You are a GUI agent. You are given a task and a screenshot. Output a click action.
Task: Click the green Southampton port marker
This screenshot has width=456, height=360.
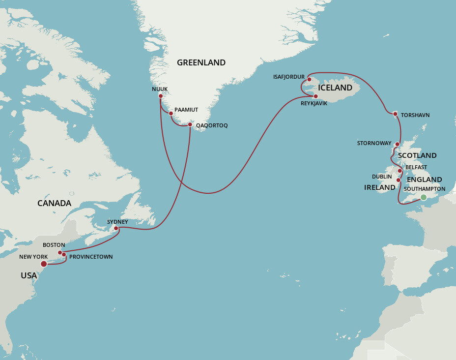(x=423, y=198)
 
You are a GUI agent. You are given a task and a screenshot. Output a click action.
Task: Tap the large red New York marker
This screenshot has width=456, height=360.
(x=44, y=264)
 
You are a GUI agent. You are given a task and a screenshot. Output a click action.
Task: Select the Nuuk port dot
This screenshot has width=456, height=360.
(x=161, y=96)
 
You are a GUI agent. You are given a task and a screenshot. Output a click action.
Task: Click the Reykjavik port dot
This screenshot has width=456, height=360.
(x=315, y=96)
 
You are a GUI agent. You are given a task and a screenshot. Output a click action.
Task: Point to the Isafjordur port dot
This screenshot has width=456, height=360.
(x=309, y=79)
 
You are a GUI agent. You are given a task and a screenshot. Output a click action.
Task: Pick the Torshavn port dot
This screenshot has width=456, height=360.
(x=395, y=114)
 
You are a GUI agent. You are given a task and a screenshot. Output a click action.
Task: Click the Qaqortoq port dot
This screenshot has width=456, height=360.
(x=190, y=125)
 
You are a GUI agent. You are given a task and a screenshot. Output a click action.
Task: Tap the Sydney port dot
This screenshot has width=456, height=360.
(x=116, y=228)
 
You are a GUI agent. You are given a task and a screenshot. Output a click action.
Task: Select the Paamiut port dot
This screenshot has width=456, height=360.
(x=171, y=114)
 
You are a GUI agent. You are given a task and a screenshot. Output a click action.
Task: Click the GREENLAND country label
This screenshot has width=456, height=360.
(x=201, y=62)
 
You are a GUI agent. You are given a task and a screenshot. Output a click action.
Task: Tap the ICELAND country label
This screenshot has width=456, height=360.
(x=335, y=88)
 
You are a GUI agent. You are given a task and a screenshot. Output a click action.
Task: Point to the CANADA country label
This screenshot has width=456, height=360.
(x=55, y=203)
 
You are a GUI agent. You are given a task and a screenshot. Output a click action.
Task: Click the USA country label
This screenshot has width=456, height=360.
(x=28, y=275)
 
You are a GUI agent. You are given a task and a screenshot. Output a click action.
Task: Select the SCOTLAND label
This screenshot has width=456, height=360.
(x=417, y=155)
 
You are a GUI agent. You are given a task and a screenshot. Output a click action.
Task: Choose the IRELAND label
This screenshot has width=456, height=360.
(x=379, y=187)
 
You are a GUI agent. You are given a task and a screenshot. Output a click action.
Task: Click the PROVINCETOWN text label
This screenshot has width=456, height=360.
(x=90, y=257)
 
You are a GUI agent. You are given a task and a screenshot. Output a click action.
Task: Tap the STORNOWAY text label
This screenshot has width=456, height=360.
(x=373, y=144)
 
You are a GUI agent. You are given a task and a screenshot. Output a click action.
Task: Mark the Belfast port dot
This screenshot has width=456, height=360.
(x=400, y=171)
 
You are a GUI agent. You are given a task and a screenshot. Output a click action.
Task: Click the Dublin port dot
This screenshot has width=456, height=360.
(x=399, y=180)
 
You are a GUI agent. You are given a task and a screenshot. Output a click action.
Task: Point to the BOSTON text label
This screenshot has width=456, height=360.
(x=54, y=244)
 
